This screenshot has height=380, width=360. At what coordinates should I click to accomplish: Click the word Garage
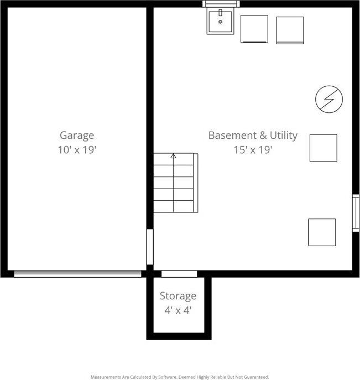click(77, 135)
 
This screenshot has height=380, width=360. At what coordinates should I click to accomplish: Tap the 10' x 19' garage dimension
click(77, 149)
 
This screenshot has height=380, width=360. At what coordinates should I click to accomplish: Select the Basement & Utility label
click(253, 135)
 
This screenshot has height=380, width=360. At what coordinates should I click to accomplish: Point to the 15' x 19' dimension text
click(253, 149)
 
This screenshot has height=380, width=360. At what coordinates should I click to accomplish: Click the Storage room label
click(178, 296)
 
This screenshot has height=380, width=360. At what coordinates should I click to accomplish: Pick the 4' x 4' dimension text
click(178, 310)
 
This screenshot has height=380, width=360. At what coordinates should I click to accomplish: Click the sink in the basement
click(221, 22)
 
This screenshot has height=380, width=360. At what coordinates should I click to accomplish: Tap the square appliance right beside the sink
click(254, 29)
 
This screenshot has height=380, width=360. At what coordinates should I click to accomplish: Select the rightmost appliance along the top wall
click(290, 30)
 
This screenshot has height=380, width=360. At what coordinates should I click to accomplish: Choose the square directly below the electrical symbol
click(323, 148)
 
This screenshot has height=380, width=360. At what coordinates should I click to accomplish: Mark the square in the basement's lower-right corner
click(322, 232)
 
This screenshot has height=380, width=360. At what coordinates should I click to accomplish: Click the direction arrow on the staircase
click(173, 157)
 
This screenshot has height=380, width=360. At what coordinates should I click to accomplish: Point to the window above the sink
click(221, 4)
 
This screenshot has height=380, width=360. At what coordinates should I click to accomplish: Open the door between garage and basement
click(149, 247)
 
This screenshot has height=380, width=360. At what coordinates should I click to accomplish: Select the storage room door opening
click(179, 274)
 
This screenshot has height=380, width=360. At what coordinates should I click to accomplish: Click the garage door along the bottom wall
click(77, 273)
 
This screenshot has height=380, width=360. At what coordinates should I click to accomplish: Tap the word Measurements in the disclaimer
click(106, 377)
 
